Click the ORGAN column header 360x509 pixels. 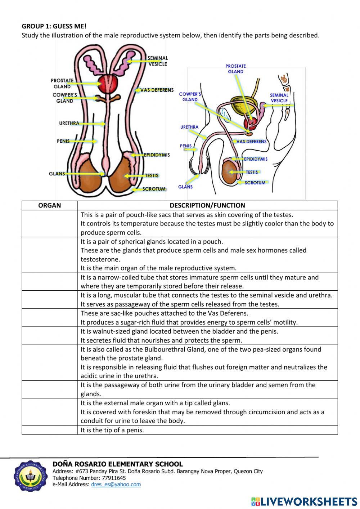49,205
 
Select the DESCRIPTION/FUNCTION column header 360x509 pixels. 207,205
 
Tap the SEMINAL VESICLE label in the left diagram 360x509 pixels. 158,61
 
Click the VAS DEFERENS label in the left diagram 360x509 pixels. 157,90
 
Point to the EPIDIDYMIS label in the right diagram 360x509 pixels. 256,159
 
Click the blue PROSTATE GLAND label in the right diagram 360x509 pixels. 235,69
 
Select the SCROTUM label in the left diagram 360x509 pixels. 154,189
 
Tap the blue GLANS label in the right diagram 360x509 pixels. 185,187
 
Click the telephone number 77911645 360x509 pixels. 114,478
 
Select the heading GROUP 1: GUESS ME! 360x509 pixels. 54,26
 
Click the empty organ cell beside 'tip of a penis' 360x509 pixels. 49,430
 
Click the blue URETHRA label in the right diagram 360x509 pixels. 189,127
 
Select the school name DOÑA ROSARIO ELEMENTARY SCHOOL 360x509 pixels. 118,464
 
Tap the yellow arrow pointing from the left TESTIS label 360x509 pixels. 134,176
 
